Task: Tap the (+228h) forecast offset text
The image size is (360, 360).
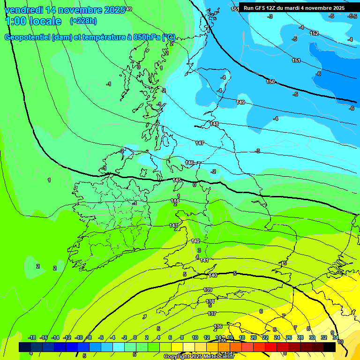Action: click(83, 21)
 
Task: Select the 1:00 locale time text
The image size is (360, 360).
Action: click(33, 21)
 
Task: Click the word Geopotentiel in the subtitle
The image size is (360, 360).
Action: click(27, 37)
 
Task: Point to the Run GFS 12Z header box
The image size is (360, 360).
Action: click(294, 8)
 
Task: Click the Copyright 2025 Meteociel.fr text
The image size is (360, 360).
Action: click(199, 357)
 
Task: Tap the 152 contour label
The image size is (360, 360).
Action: click(315, 33)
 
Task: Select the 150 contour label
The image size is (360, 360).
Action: click(270, 82)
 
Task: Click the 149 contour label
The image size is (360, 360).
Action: click(240, 102)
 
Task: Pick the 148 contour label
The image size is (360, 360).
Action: click(214, 124)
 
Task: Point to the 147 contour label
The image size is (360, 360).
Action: click(200, 143)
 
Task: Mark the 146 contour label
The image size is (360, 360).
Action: click(189, 163)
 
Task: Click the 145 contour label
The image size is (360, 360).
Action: click(177, 180)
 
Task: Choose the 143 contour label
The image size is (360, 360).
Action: click(173, 225)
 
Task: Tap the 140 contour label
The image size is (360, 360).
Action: click(213, 275)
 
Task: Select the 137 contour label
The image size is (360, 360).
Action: click(212, 314)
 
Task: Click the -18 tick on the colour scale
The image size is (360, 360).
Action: click(32, 337)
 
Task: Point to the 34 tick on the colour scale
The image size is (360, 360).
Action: click(335, 337)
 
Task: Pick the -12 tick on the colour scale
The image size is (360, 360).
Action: click(67, 337)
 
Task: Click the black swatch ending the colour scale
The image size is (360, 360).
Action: click(330, 347)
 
